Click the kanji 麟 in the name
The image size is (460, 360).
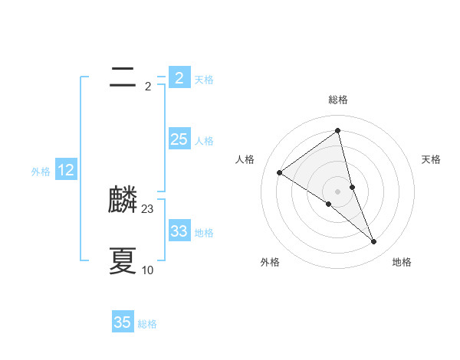tap(123, 201)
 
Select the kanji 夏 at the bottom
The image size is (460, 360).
tap(123, 261)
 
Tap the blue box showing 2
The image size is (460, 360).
tap(179, 78)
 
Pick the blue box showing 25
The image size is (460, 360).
tap(179, 139)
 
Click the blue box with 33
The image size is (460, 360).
tap(179, 231)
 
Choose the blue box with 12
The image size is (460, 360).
tap(65, 170)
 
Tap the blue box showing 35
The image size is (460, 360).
tap(123, 322)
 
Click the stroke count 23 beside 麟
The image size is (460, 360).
tap(148, 208)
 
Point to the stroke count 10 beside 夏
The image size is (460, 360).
tap(148, 270)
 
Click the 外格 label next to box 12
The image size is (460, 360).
tap(41, 172)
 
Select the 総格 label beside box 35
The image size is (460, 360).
tap(147, 324)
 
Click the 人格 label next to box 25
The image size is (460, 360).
tap(204, 141)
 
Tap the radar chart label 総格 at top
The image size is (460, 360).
tap(338, 100)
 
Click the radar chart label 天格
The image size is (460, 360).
tap(431, 159)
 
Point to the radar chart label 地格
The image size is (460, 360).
tap(402, 262)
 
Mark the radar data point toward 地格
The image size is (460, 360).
tap(374, 241)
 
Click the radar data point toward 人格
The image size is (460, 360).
tap(279, 172)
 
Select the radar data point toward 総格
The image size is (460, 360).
tap(338, 130)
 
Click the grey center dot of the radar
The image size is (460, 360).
tap(338, 191)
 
